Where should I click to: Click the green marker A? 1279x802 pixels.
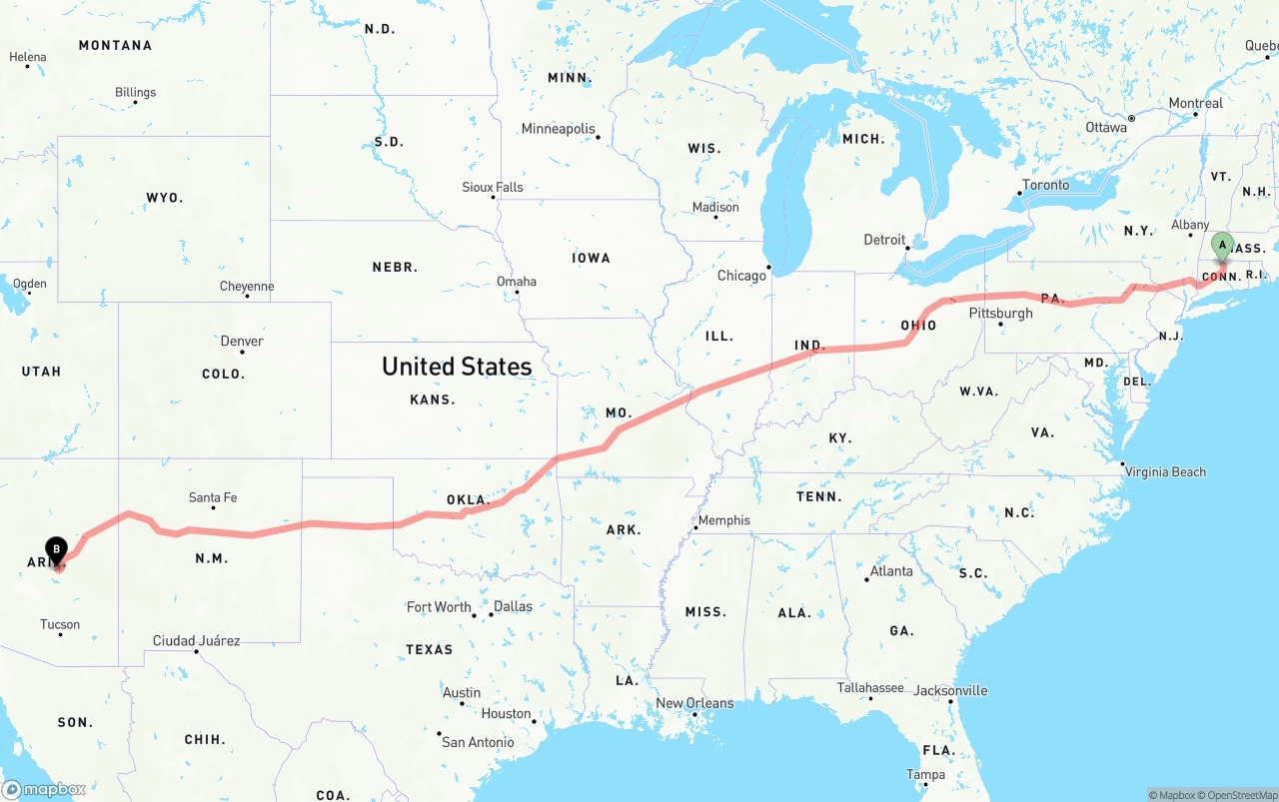click(x=1221, y=245)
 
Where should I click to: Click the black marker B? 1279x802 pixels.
click(x=57, y=549)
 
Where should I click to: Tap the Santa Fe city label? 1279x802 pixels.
click(x=213, y=497)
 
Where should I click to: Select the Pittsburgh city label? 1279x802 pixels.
click(x=1000, y=313)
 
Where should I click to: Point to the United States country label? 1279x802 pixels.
click(x=457, y=367)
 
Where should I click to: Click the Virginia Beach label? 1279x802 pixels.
click(x=1165, y=471)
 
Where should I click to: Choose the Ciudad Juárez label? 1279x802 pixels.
click(x=196, y=640)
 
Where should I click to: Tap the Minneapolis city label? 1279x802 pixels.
click(x=558, y=129)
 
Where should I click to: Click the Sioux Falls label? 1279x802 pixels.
click(x=492, y=187)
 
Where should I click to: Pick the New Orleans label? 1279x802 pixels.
click(x=694, y=702)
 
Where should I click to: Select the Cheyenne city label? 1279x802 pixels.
click(x=247, y=287)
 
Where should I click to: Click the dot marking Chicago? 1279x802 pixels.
click(x=769, y=267)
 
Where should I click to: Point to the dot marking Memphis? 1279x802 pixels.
click(x=695, y=527)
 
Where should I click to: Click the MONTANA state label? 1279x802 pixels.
click(x=115, y=45)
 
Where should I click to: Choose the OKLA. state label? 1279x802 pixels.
click(x=467, y=499)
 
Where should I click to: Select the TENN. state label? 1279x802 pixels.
click(x=818, y=496)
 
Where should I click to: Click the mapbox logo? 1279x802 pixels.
click(x=44, y=789)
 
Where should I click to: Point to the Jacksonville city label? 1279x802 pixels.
click(x=950, y=690)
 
